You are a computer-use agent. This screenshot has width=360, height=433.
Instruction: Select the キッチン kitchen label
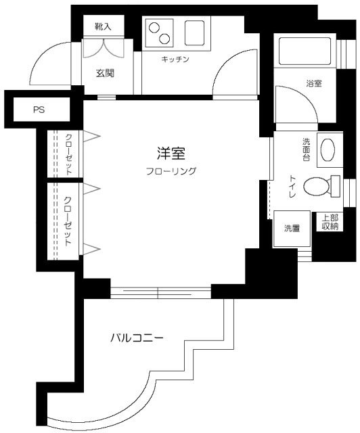[x=175, y=60]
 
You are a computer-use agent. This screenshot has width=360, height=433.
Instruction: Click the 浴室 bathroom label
[x=313, y=84]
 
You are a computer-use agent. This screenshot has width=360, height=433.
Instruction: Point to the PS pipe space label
[x=39, y=110]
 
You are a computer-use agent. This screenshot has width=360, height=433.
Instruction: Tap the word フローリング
[x=171, y=171]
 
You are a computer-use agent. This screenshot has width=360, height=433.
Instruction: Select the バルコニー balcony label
[x=137, y=337]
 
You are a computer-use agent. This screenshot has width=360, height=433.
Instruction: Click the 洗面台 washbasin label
[x=307, y=149]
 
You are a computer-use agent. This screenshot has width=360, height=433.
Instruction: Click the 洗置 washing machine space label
[x=292, y=228]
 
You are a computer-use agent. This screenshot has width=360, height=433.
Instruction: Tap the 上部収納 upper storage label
[x=330, y=223]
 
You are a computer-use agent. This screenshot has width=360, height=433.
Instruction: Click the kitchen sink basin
[x=195, y=32]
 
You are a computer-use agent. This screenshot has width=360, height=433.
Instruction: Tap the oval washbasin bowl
[x=327, y=148]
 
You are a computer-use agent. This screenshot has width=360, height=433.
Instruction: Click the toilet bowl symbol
[x=317, y=185]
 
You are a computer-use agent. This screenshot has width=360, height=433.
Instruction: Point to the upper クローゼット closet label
[x=69, y=154]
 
